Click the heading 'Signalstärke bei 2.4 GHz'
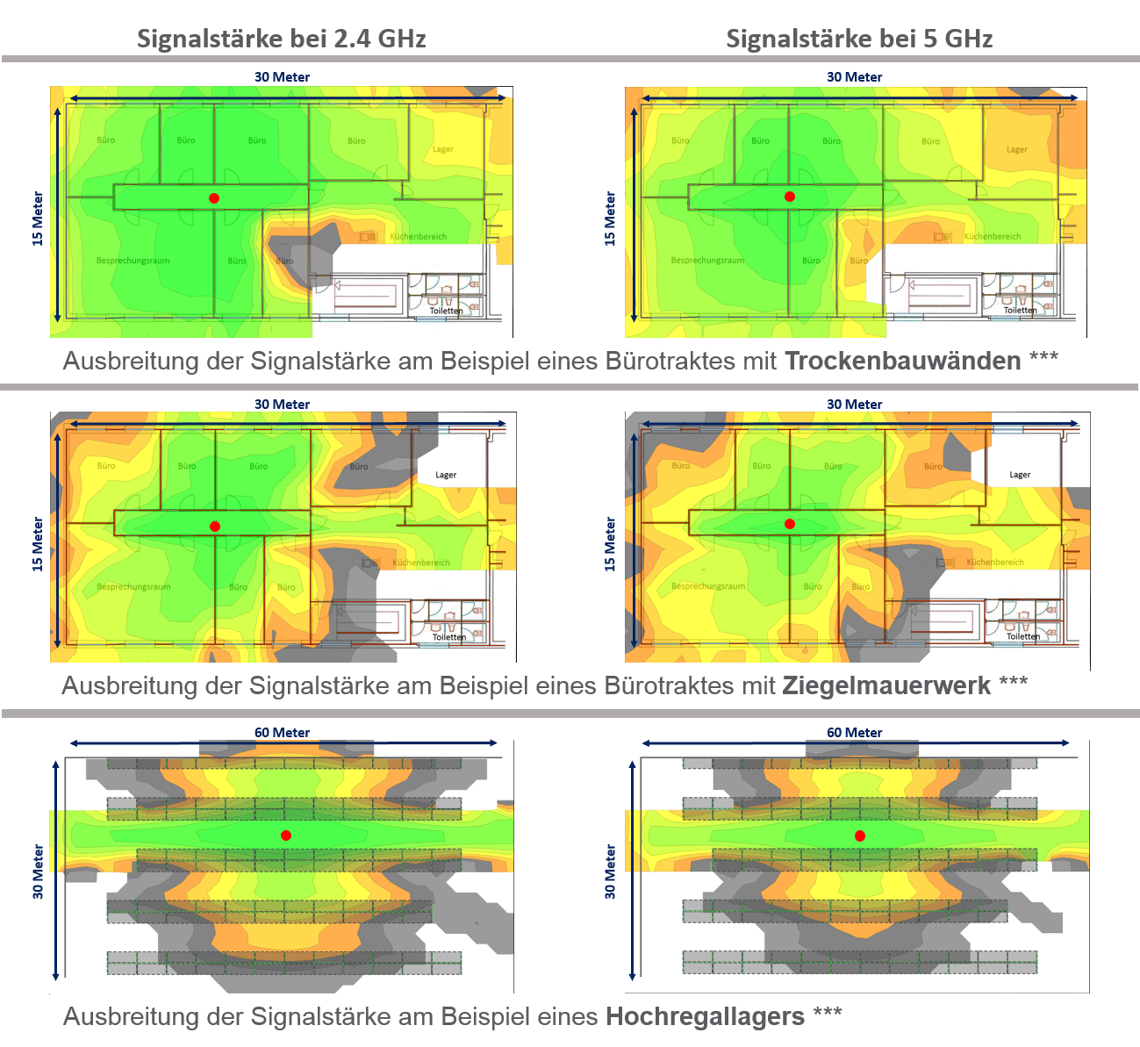pos(281,39)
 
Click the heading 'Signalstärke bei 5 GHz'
pos(858,39)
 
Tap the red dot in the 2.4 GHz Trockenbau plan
pos(214,198)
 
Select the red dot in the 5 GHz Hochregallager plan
pos(860,835)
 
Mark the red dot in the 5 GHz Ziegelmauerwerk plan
pos(790,524)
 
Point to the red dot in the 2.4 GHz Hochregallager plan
pos(286,835)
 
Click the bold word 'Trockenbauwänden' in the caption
pos(902,361)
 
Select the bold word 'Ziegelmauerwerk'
pos(885,685)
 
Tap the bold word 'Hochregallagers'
pos(705,1016)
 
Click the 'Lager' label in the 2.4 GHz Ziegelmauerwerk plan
pos(446,475)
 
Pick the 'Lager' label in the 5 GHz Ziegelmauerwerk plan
pos(1020,475)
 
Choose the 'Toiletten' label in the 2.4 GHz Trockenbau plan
pos(446,311)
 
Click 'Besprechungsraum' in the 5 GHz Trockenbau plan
pos(707,261)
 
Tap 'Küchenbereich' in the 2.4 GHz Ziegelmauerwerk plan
pos(421,563)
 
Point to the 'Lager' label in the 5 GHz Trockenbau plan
pos(1017,149)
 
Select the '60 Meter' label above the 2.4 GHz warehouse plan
pos(282,733)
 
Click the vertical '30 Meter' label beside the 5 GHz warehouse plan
pos(610,871)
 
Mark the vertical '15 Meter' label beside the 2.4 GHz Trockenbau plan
pos(37,219)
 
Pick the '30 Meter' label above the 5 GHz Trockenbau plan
pos(854,77)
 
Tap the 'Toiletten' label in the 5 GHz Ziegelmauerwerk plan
pos(1023,637)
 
